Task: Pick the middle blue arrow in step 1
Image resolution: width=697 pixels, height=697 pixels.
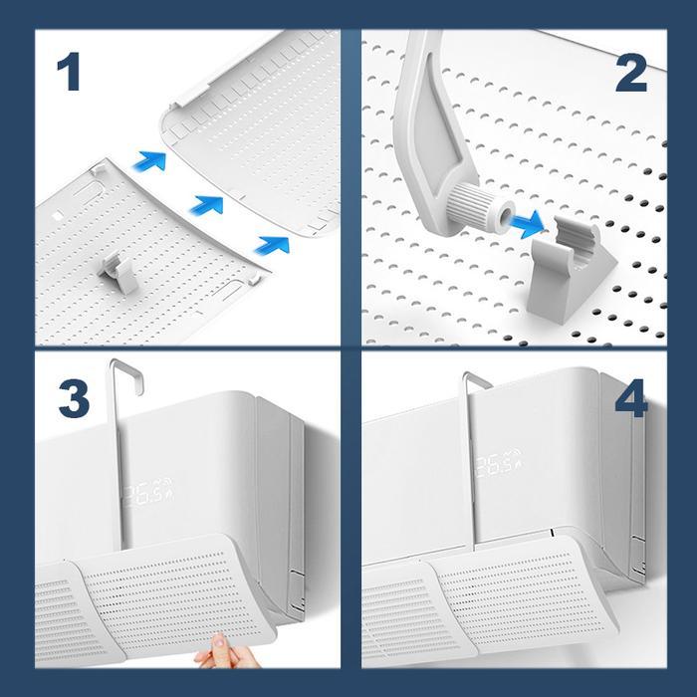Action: tap(205, 204)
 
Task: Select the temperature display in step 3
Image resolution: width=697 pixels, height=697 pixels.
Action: tap(145, 496)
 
